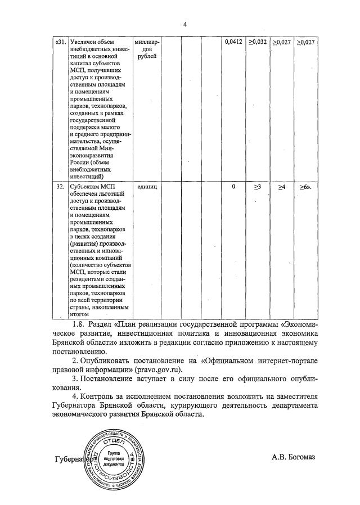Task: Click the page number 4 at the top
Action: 184,24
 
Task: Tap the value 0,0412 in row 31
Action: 232,42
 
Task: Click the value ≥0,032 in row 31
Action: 258,42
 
